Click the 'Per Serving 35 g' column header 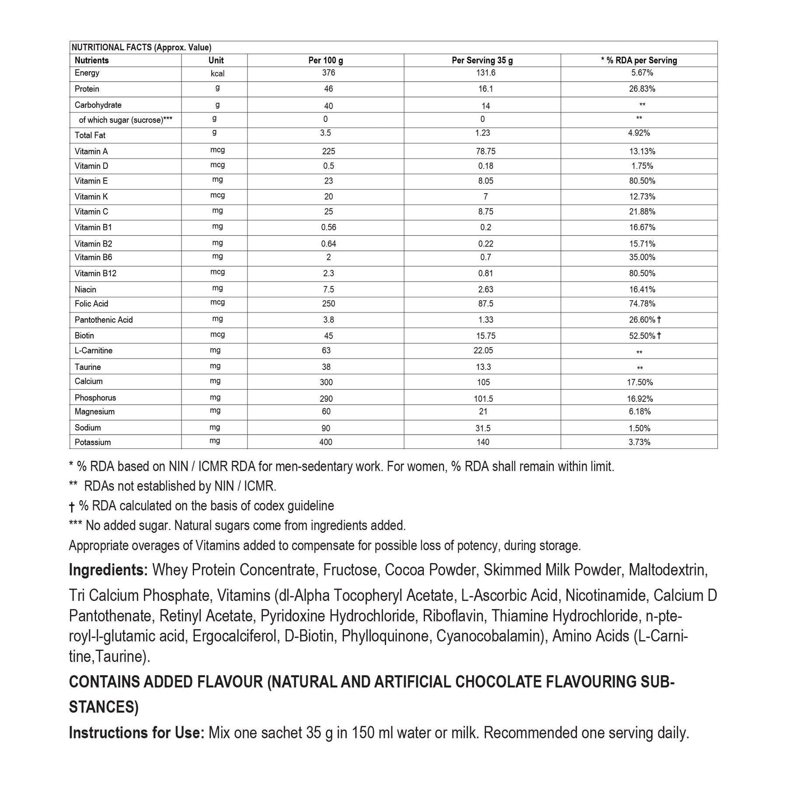point(482,60)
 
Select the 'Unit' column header point(216,60)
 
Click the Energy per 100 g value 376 point(328,73)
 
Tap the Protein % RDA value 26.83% point(642,89)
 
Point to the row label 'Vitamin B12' point(95,273)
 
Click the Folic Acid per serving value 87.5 point(485,303)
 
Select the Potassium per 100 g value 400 point(326,442)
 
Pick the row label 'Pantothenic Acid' point(104,320)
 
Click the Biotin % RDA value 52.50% point(642,336)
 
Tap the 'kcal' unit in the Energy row point(217,73)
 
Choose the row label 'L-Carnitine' point(94,351)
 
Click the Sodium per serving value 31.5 point(483,428)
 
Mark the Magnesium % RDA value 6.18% point(640,411)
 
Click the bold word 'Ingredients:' point(108,570)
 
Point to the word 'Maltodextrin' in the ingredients point(668,570)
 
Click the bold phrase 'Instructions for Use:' point(136,733)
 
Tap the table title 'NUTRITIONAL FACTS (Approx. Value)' point(141,48)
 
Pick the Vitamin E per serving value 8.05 point(485,181)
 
